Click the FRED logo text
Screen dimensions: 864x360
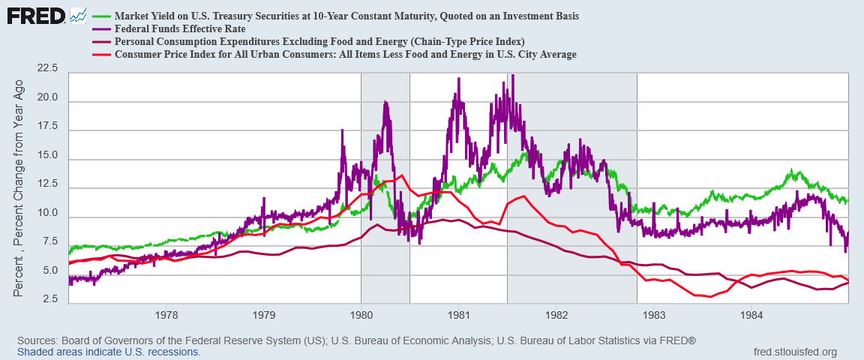pyautogui.click(x=36, y=16)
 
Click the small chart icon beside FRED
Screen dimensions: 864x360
pyautogui.click(x=78, y=16)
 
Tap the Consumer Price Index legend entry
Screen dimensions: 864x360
pyautogui.click(x=333, y=54)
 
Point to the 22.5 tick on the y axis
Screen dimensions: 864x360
pyautogui.click(x=47, y=68)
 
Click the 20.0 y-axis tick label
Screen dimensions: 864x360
pyautogui.click(x=47, y=97)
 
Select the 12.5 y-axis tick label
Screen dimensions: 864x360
pyautogui.click(x=47, y=184)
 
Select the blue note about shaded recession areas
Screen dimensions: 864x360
pyautogui.click(x=109, y=351)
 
